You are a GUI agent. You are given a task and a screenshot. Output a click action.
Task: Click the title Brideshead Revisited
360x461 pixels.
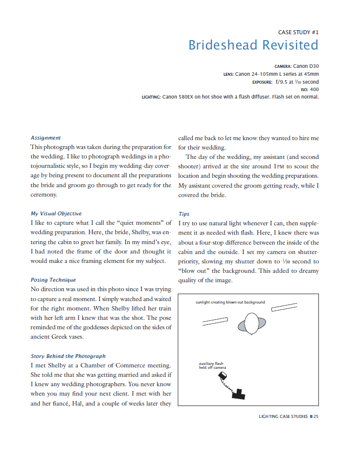pos(253,45)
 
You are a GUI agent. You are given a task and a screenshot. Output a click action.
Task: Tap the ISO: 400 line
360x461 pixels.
pos(309,89)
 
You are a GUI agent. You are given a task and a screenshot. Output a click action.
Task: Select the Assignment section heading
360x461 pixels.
pos(46,138)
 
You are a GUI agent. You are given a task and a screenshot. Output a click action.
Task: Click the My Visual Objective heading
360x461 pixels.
pos(56,213)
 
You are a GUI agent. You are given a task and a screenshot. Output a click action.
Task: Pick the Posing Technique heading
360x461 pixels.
pos(53,280)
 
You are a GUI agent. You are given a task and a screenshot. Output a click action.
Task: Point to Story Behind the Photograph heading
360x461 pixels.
pos(68,356)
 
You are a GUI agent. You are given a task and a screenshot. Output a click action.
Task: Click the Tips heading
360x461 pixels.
pos(184,214)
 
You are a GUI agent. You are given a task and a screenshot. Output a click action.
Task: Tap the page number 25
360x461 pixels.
pos(316,416)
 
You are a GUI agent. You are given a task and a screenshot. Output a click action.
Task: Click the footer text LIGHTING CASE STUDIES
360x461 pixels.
pos(283,416)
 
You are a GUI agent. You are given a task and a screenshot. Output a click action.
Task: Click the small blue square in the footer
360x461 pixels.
pos(311,416)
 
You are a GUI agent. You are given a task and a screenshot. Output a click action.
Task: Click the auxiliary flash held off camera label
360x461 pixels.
pos(212,366)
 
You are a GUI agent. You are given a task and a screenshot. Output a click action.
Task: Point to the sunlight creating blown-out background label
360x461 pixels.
pos(230,302)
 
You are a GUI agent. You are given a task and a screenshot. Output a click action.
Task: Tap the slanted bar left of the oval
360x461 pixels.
pos(215,322)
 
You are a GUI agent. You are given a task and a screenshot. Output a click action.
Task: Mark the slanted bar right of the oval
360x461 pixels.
pos(284,307)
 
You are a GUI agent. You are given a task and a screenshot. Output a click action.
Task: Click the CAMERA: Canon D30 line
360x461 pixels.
pos(297,65)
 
